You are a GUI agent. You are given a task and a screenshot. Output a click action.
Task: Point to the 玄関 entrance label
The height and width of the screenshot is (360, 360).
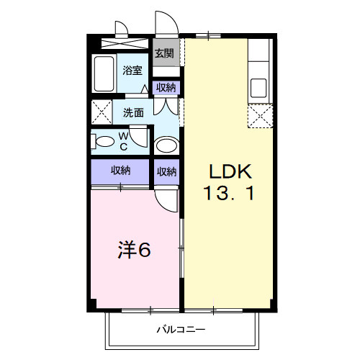pos(164,53)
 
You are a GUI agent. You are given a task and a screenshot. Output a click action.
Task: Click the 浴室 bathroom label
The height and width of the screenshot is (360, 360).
pos(132,71)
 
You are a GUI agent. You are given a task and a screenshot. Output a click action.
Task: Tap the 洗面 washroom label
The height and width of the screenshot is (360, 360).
pos(132,112)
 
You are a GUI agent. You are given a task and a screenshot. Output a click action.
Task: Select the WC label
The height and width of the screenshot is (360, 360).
pos(123,140)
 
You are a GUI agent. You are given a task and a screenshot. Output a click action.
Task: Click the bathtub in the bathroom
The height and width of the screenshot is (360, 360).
pos(104,73)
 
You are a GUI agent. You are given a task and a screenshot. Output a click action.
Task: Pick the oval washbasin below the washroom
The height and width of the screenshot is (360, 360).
pos(167,146)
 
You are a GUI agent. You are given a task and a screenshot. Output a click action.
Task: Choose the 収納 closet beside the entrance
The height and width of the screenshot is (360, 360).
pos(166,88)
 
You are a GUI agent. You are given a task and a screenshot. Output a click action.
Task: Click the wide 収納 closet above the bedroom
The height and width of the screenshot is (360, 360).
pos(120,171)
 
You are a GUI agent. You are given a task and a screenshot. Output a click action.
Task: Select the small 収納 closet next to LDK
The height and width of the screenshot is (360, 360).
pos(166,171)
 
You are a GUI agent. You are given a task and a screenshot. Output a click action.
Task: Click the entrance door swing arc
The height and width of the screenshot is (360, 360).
pos(163,22)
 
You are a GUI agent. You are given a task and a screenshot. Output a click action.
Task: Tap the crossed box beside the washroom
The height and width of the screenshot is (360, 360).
pos(102,112)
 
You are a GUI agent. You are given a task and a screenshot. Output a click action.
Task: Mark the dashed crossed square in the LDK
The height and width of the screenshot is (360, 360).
pos(259,115)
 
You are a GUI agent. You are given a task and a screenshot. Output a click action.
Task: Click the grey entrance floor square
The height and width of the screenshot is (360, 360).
pos(165,54)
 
